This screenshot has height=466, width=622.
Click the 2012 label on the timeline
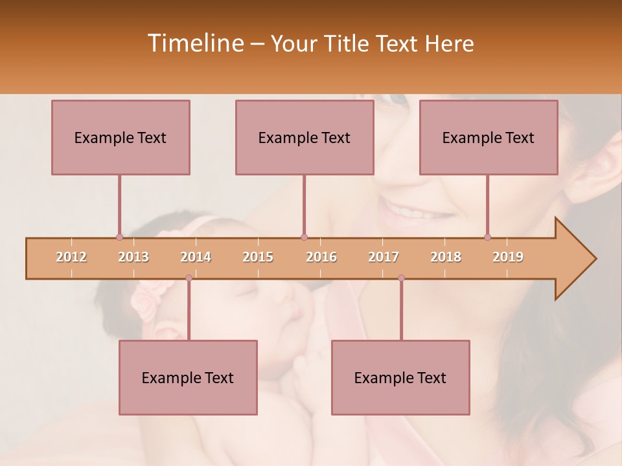71,257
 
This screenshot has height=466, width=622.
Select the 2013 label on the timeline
133,257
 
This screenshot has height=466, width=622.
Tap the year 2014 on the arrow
196,257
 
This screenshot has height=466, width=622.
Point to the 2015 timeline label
258,257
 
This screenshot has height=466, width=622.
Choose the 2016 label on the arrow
321,257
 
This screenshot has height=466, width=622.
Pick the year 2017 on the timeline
384,257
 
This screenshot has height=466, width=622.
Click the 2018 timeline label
446,257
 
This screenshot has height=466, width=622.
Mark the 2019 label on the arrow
508,257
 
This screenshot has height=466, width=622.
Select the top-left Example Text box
121,137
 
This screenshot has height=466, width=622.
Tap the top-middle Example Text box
305,137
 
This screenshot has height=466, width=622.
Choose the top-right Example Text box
489,137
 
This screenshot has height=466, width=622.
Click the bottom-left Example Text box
188,377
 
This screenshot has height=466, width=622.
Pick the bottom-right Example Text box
400,377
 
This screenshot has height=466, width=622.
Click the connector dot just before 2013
119,237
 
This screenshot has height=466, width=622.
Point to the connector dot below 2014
189,278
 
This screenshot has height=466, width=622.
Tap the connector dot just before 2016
304,237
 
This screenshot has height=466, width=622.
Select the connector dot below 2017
401,278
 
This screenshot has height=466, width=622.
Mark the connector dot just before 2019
487,237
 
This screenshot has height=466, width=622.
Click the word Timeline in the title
195,43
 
